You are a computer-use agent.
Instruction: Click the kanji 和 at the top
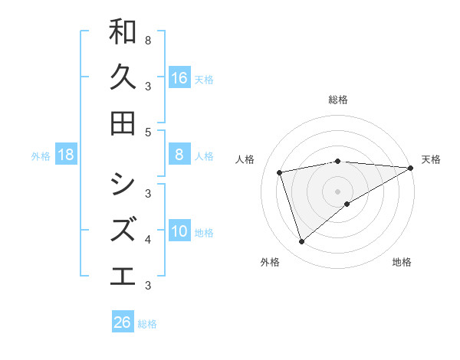click(x=123, y=32)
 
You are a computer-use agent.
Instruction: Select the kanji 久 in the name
click(x=123, y=77)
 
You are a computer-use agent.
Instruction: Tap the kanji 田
click(x=123, y=123)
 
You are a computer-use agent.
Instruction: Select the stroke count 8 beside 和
click(x=148, y=39)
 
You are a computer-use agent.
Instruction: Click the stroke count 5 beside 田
click(x=148, y=132)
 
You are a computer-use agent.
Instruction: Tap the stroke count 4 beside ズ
click(x=148, y=240)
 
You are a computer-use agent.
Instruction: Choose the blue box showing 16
click(x=179, y=78)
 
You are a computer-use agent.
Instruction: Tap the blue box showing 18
click(x=66, y=155)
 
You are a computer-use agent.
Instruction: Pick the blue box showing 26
click(x=123, y=322)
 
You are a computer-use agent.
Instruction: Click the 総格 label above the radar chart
click(x=338, y=100)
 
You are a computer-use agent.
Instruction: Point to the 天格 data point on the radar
click(x=412, y=168)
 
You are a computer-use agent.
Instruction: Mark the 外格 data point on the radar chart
click(x=301, y=242)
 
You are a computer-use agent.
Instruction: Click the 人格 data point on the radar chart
click(x=281, y=172)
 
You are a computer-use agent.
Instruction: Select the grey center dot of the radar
click(x=338, y=191)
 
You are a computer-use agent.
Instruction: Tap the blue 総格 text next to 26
click(x=147, y=324)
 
